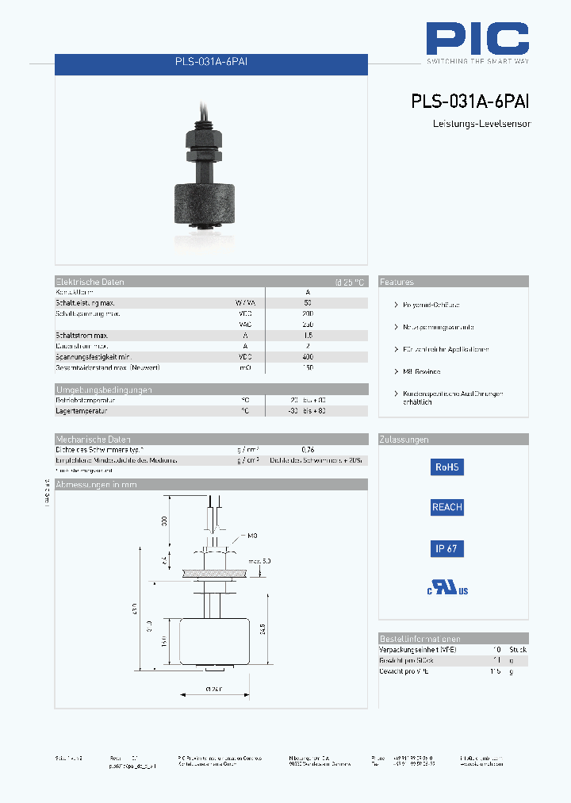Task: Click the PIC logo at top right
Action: (477, 40)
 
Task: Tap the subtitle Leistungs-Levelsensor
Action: (481, 124)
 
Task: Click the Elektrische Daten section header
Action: (90, 282)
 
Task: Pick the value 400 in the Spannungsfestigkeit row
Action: (308, 357)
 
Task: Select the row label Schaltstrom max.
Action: (82, 336)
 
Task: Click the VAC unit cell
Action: (245, 325)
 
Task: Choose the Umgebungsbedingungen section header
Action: (103, 390)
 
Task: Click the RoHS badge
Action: (446, 467)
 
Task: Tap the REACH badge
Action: (446, 507)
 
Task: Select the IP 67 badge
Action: (446, 548)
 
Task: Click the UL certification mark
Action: (448, 588)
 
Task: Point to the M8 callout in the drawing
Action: (252, 536)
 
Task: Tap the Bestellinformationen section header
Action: (420, 639)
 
